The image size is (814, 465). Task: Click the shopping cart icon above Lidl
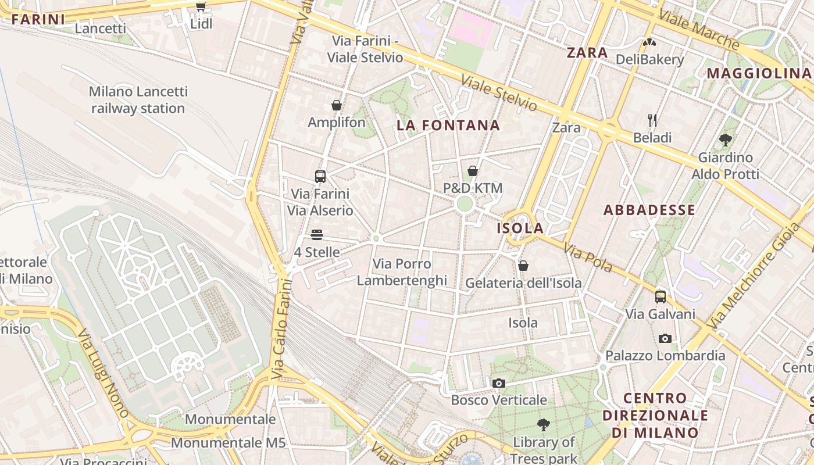click(201, 7)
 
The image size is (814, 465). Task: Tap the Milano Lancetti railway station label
click(138, 100)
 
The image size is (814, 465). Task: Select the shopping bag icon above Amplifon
click(336, 105)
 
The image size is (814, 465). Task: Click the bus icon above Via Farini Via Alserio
click(320, 176)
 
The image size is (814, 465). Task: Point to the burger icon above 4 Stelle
click(317, 235)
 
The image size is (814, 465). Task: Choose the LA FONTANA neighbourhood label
click(448, 126)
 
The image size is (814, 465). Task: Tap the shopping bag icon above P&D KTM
click(473, 171)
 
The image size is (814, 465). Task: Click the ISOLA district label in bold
click(520, 228)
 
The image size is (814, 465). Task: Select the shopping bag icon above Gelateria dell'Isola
click(523, 266)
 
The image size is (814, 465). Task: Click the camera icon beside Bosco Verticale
click(498, 383)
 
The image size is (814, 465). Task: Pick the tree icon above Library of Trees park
click(544, 425)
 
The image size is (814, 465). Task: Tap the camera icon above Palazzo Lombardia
click(665, 338)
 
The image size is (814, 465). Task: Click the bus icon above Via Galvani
click(661, 297)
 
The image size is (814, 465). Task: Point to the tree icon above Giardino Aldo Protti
click(725, 139)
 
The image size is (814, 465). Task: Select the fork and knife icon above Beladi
click(652, 120)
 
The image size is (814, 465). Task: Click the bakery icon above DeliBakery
click(649, 42)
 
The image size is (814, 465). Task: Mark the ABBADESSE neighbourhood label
click(649, 210)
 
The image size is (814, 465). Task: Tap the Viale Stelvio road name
click(499, 93)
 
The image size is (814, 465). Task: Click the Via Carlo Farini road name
click(282, 329)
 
